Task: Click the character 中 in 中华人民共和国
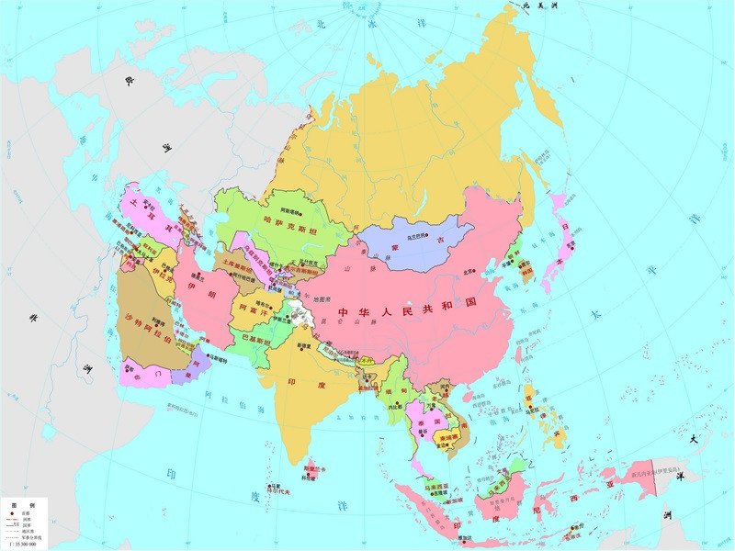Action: coord(343,313)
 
